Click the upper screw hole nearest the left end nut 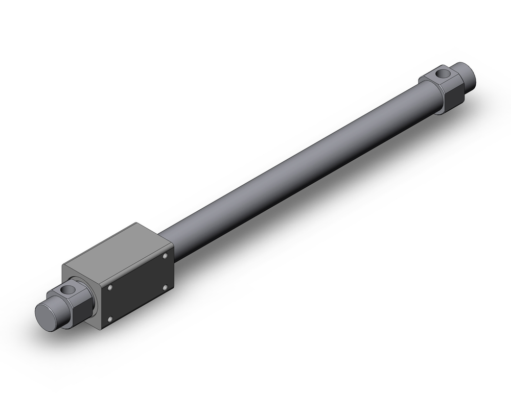tap(109, 288)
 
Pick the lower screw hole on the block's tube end tap(166, 287)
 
